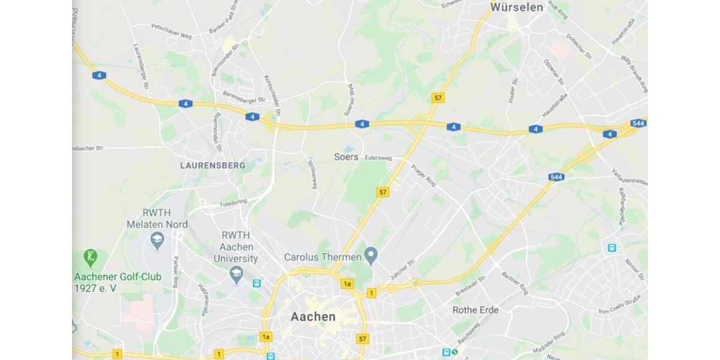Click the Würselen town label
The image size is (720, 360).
[x=516, y=7]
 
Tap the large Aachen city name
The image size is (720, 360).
[x=313, y=316]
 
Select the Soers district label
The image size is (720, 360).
[x=346, y=157]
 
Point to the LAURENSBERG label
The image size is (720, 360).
[x=212, y=165]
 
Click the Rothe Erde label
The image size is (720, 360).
[x=475, y=310]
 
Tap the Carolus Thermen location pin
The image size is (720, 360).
[x=371, y=256]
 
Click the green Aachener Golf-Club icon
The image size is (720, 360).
[x=91, y=259]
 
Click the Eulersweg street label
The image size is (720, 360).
[x=378, y=158]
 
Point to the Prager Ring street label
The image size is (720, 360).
[x=423, y=175]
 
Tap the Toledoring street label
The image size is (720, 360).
[x=233, y=204]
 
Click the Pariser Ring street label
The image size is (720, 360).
[x=175, y=270]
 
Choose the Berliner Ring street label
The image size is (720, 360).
[x=514, y=281]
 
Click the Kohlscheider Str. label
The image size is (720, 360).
[x=272, y=95]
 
